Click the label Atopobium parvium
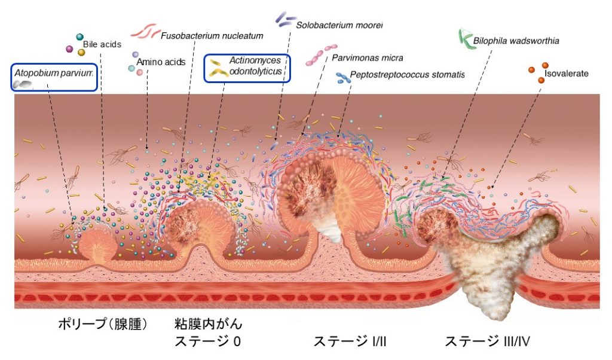(x=53, y=72)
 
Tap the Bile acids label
(x=102, y=44)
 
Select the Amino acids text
(x=161, y=62)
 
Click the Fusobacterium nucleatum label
(x=212, y=36)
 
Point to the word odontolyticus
(x=255, y=71)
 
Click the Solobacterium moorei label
(x=339, y=25)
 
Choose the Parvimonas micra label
(x=368, y=58)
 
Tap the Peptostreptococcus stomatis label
(x=407, y=75)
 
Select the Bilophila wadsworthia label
(x=516, y=41)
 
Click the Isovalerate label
(x=567, y=74)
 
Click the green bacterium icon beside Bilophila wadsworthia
(x=466, y=39)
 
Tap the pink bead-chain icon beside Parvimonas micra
(x=321, y=55)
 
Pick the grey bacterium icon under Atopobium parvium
(x=22, y=84)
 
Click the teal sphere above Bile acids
(x=79, y=37)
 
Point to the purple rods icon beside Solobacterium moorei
(x=286, y=20)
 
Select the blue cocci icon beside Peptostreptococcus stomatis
(x=342, y=78)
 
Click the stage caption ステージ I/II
(x=350, y=341)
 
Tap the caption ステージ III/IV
(x=488, y=341)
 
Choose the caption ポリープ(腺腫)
(x=103, y=324)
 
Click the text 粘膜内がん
(x=209, y=324)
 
